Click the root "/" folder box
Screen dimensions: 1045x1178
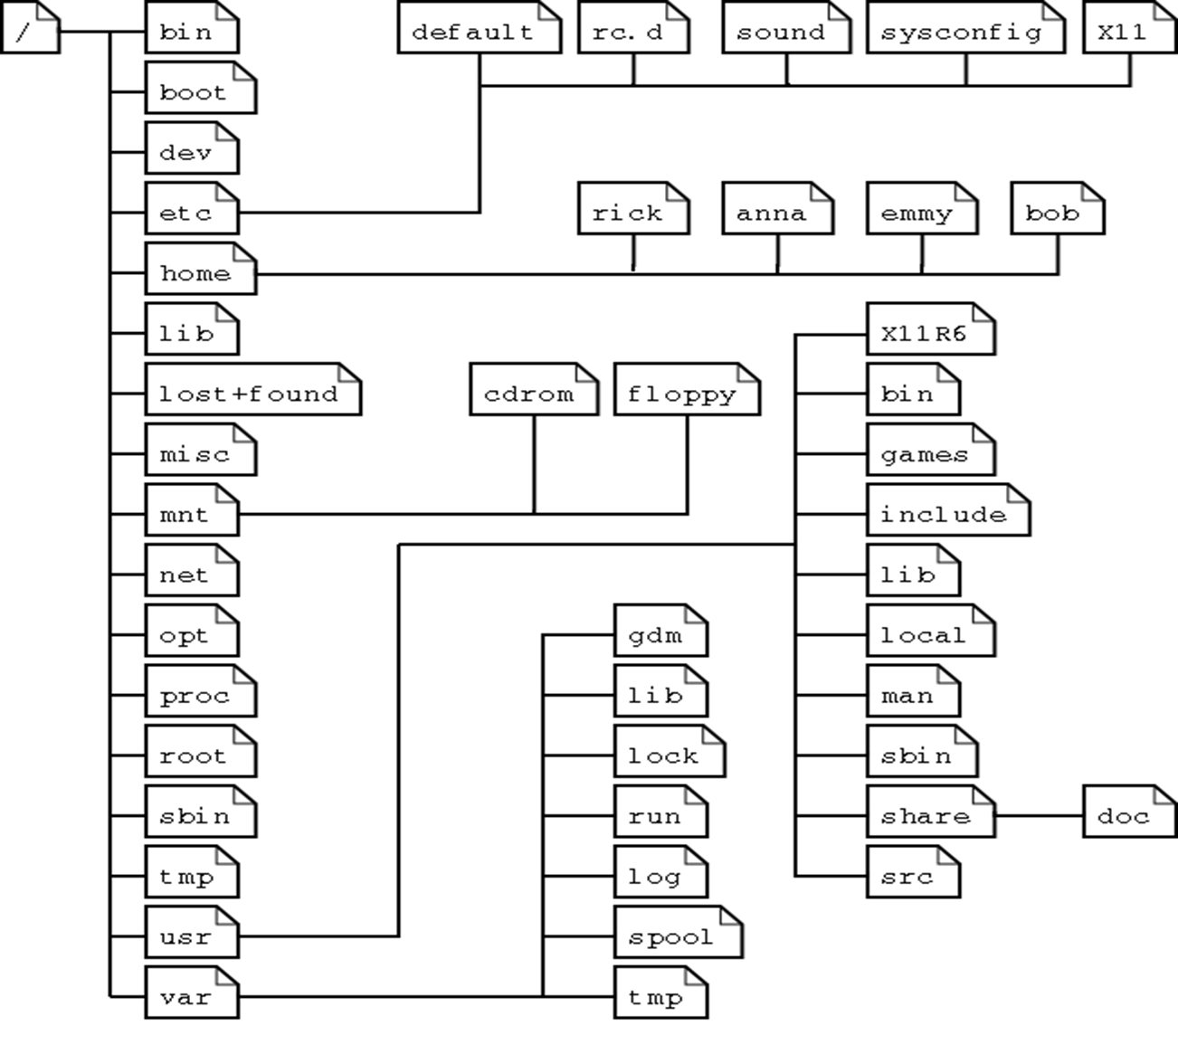(30, 29)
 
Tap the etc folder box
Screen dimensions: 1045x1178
(191, 213)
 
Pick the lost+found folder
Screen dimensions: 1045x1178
(252, 394)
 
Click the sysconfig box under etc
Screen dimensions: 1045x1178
(964, 32)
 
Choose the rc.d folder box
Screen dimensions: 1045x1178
(632, 32)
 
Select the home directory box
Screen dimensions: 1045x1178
(200, 272)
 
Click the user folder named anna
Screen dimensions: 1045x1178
(776, 213)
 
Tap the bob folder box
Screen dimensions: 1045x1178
(1057, 213)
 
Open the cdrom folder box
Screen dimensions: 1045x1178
(533, 394)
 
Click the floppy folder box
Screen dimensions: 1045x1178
(686, 394)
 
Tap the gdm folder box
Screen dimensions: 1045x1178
(660, 634)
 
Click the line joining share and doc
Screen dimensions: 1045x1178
(1039, 815)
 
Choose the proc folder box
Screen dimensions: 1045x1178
(200, 695)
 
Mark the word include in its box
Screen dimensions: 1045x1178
(944, 515)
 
